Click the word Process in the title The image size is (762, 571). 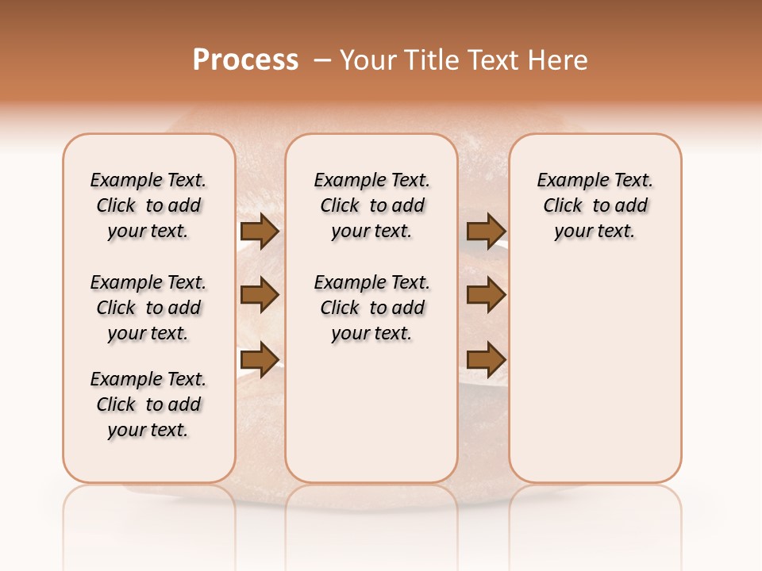click(245, 60)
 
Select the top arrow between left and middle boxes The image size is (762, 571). click(260, 232)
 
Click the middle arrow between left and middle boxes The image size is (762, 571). click(260, 296)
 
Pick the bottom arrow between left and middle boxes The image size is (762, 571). click(260, 360)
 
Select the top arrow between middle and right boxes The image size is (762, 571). click(486, 232)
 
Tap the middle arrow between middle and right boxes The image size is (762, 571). click(486, 296)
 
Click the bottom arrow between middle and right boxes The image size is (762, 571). click(486, 360)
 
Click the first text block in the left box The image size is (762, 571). click(148, 205)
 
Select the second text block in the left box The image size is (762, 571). click(148, 308)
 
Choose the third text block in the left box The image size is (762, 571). click(148, 404)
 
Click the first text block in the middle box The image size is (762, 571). click(371, 205)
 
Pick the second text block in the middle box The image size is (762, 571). click(371, 308)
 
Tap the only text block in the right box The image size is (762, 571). click(595, 205)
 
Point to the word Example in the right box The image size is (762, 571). click(567, 181)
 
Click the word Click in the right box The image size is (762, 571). click(563, 206)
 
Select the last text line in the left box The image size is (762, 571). click(148, 430)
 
